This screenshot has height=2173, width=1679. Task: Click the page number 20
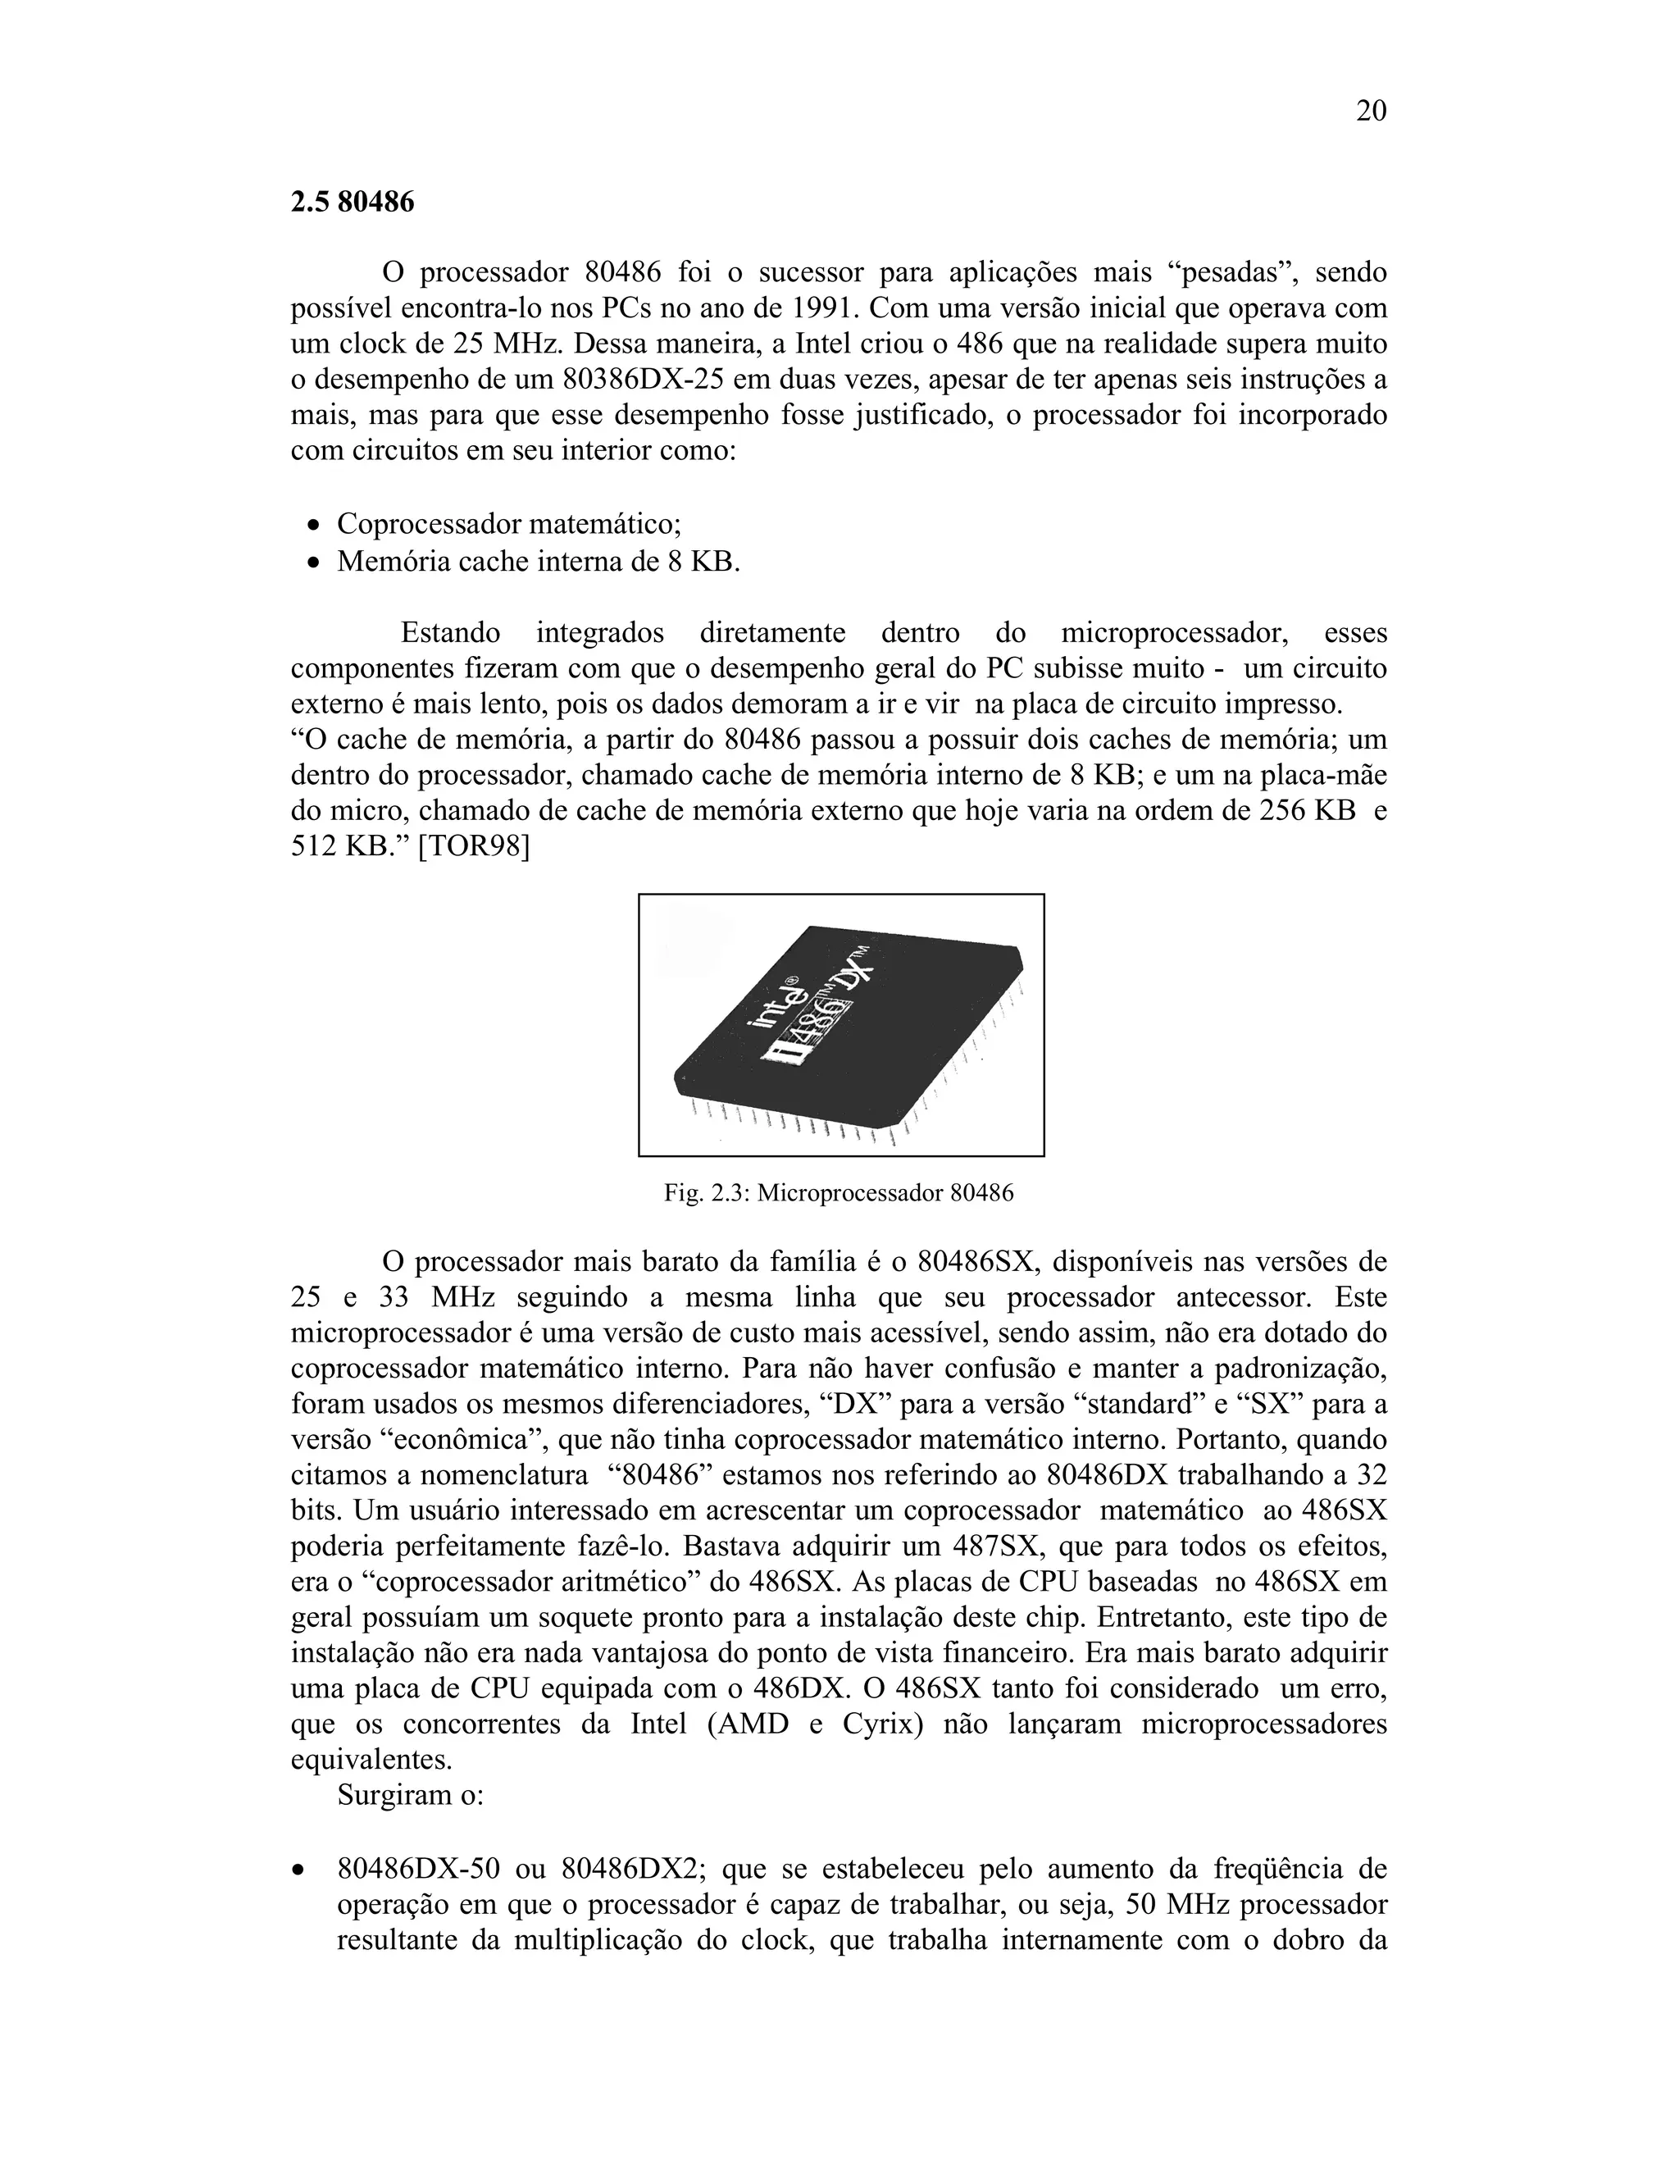tap(1371, 112)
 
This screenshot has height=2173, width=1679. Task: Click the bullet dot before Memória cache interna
tap(314, 563)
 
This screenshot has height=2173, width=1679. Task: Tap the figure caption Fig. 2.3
tap(839, 1192)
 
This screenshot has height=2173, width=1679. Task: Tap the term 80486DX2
tap(634, 1870)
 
